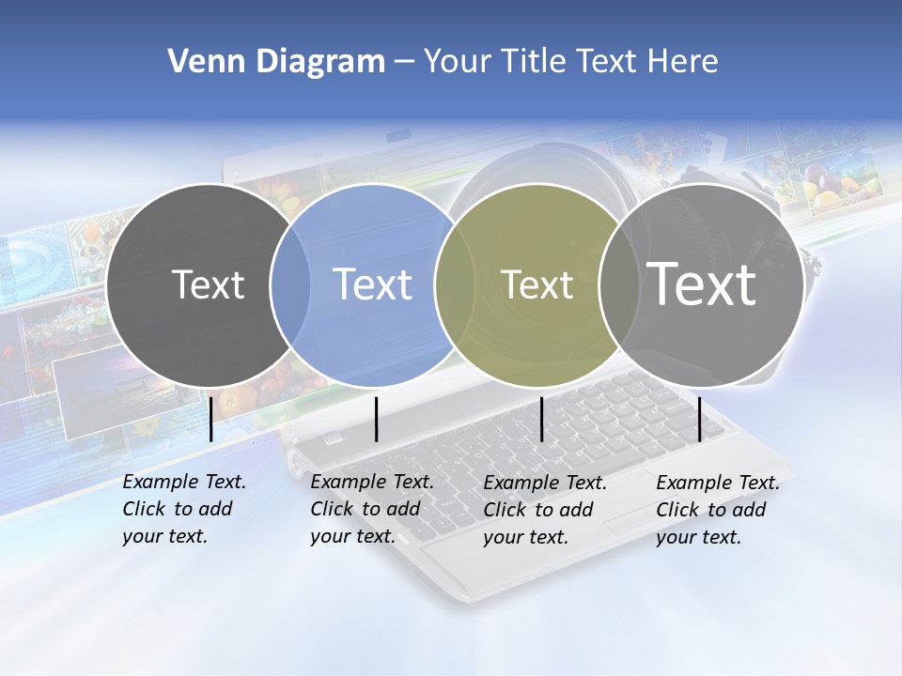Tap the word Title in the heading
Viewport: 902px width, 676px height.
pyautogui.click(x=534, y=62)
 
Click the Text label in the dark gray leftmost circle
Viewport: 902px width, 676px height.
pyautogui.click(x=208, y=284)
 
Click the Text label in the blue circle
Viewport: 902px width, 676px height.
pyautogui.click(x=372, y=284)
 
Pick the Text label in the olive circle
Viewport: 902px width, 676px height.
pyautogui.click(x=537, y=284)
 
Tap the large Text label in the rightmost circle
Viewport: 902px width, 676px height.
pyautogui.click(x=701, y=284)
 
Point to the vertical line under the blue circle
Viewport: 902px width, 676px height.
pyautogui.click(x=376, y=419)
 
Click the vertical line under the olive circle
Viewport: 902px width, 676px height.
pyautogui.click(x=541, y=419)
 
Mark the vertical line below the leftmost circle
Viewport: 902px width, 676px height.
pyautogui.click(x=210, y=419)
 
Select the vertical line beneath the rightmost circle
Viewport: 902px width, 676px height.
pyautogui.click(x=699, y=419)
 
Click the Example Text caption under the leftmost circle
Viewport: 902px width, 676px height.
pyautogui.click(x=184, y=509)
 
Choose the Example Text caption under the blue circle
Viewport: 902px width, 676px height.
pyautogui.click(x=372, y=509)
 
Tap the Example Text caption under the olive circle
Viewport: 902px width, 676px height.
pyautogui.click(x=545, y=510)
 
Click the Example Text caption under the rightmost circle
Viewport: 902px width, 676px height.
pyautogui.click(x=718, y=510)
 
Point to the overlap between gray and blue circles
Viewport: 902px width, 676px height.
pyautogui.click(x=290, y=284)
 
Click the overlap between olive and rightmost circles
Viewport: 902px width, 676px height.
pyautogui.click(x=619, y=284)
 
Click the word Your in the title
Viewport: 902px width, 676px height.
pyautogui.click(x=458, y=62)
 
